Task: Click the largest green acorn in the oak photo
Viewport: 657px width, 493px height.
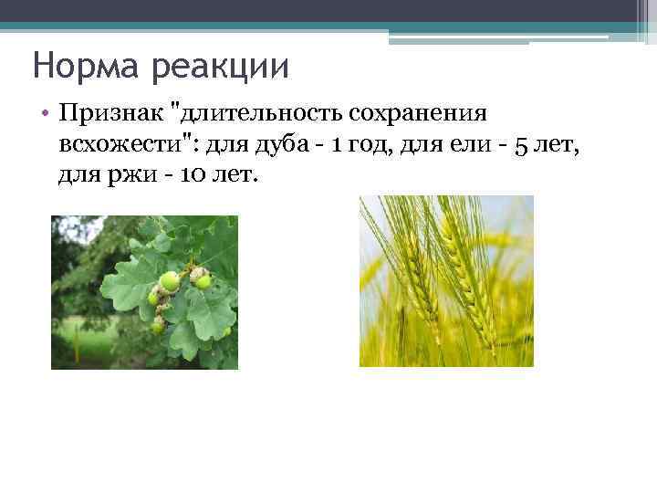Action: pyautogui.click(x=170, y=281)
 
